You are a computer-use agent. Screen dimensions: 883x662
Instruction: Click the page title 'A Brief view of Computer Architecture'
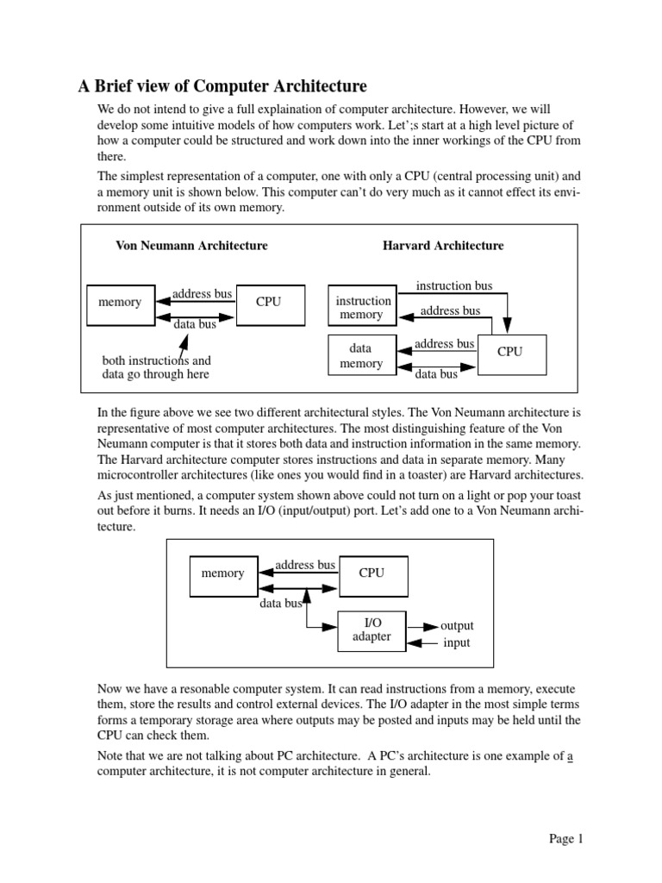point(222,86)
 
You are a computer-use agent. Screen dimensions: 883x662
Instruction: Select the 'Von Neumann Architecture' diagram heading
point(191,246)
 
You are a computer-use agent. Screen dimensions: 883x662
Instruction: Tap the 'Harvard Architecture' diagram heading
point(443,246)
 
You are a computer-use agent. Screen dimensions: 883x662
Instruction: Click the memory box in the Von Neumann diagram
point(120,303)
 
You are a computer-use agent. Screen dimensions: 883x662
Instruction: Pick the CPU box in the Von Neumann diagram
point(269,303)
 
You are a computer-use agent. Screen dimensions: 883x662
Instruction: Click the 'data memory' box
point(361,356)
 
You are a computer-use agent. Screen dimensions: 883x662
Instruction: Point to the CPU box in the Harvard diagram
point(510,352)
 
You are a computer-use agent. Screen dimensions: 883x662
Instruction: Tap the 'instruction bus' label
point(454,285)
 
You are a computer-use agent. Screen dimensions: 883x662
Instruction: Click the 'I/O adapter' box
point(372,630)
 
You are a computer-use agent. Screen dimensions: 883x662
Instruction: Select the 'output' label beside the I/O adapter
point(457,625)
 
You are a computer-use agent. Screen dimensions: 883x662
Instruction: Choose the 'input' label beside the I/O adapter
point(456,643)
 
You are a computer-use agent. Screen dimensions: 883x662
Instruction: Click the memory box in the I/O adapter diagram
point(222,573)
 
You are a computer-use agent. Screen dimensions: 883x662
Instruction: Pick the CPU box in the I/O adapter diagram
point(372,573)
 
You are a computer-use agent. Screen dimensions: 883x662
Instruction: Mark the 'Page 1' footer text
point(567,838)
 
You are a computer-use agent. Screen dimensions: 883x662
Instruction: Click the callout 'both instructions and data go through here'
point(156,367)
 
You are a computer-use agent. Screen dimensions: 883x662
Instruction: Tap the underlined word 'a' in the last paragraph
point(570,756)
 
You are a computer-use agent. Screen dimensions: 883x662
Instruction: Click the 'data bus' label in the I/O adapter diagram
point(280,604)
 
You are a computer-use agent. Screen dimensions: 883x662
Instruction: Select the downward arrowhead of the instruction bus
point(507,325)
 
